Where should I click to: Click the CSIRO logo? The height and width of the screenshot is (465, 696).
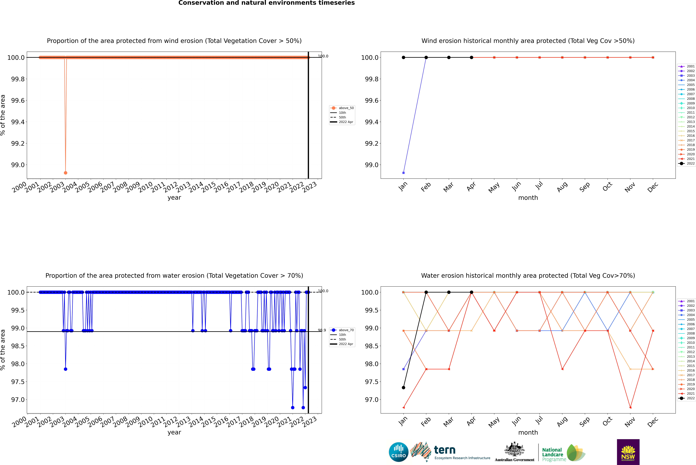point(398,452)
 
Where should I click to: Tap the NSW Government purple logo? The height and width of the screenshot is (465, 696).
point(628,452)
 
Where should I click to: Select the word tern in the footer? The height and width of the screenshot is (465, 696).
point(444,450)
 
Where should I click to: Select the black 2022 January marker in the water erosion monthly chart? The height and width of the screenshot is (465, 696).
point(403,388)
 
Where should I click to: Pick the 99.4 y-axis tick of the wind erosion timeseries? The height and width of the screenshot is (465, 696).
point(18,122)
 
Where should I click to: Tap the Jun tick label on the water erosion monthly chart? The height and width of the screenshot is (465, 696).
point(516,421)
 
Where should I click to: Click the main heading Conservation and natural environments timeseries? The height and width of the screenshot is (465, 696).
point(266,3)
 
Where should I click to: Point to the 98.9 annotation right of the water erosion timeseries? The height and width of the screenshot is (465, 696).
point(322,330)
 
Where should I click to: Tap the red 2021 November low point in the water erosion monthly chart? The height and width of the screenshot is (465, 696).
point(630,407)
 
